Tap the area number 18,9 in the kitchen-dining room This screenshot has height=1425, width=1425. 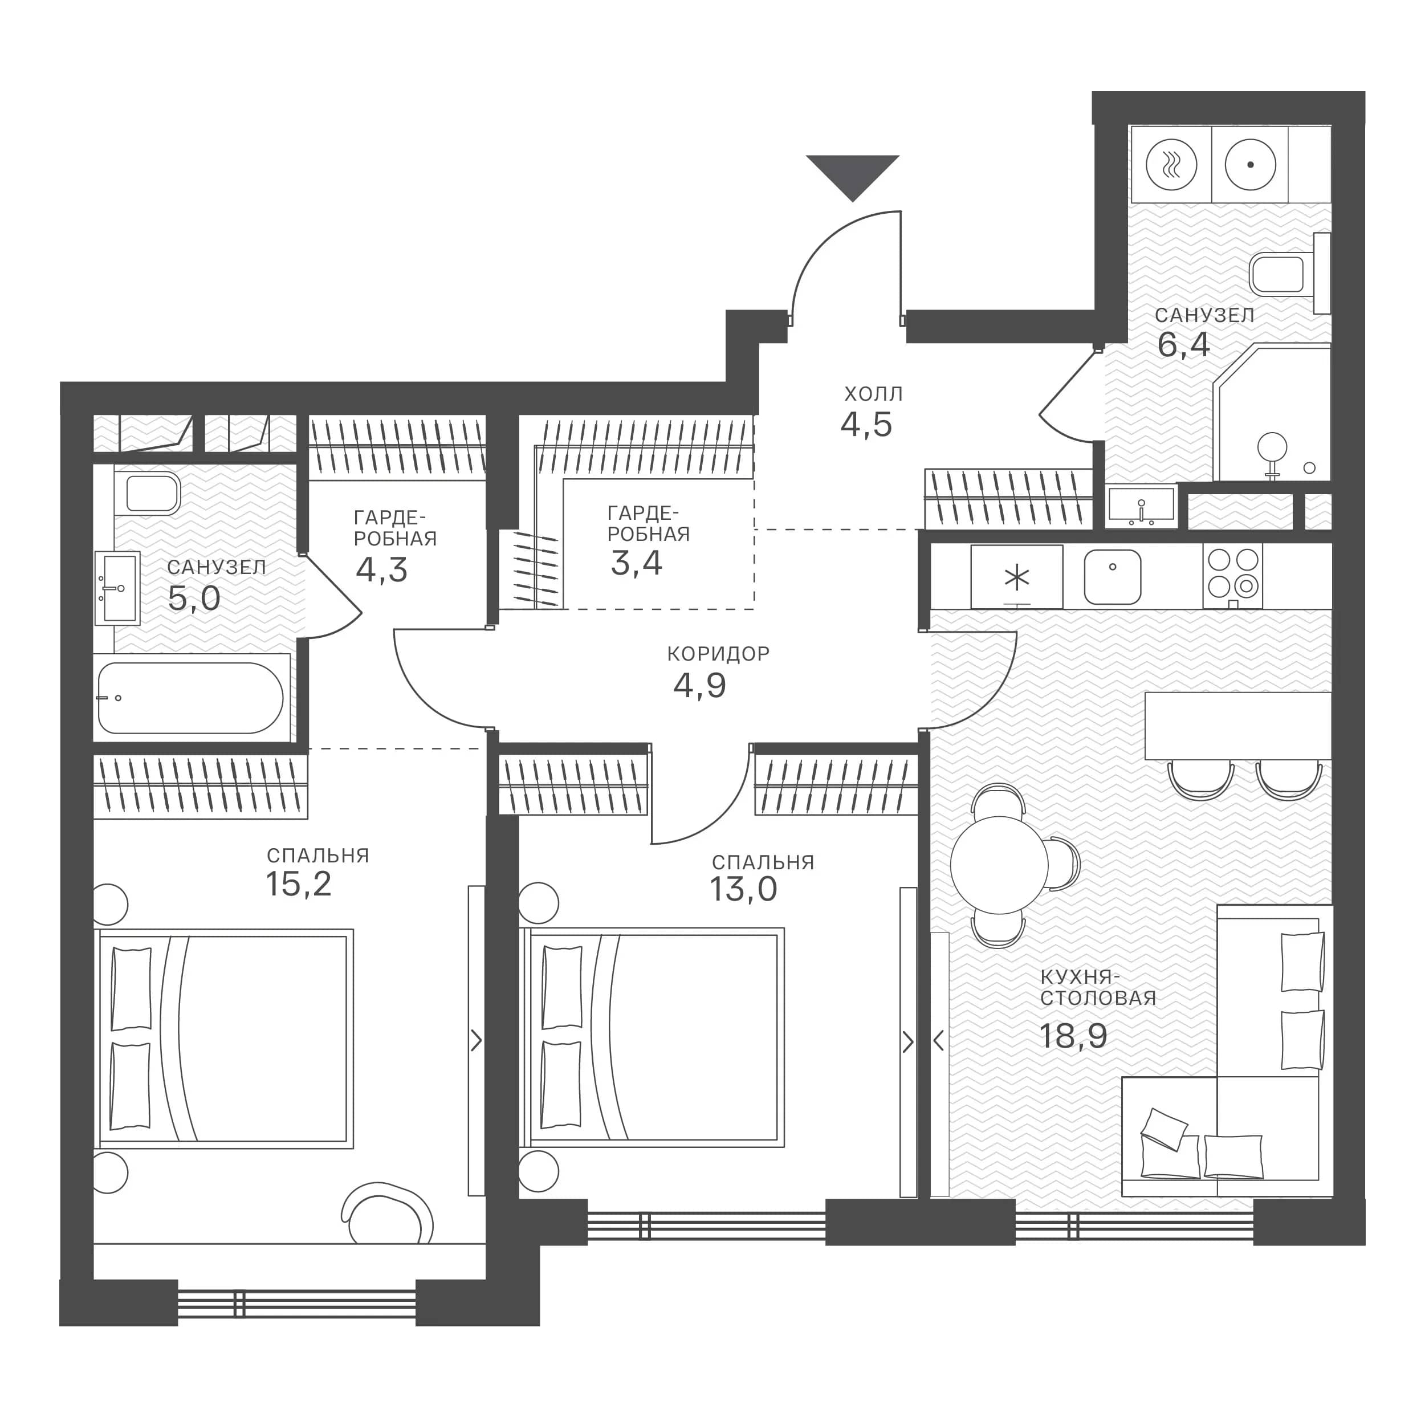[1073, 1036]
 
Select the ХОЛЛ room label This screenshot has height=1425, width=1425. [874, 394]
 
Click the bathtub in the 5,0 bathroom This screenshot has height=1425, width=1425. [190, 698]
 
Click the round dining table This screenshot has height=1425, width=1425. [999, 865]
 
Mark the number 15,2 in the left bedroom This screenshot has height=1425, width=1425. [299, 883]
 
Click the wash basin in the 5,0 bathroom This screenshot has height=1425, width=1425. [117, 588]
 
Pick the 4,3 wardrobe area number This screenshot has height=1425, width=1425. [381, 570]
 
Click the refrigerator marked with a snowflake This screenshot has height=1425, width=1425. [1016, 577]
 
